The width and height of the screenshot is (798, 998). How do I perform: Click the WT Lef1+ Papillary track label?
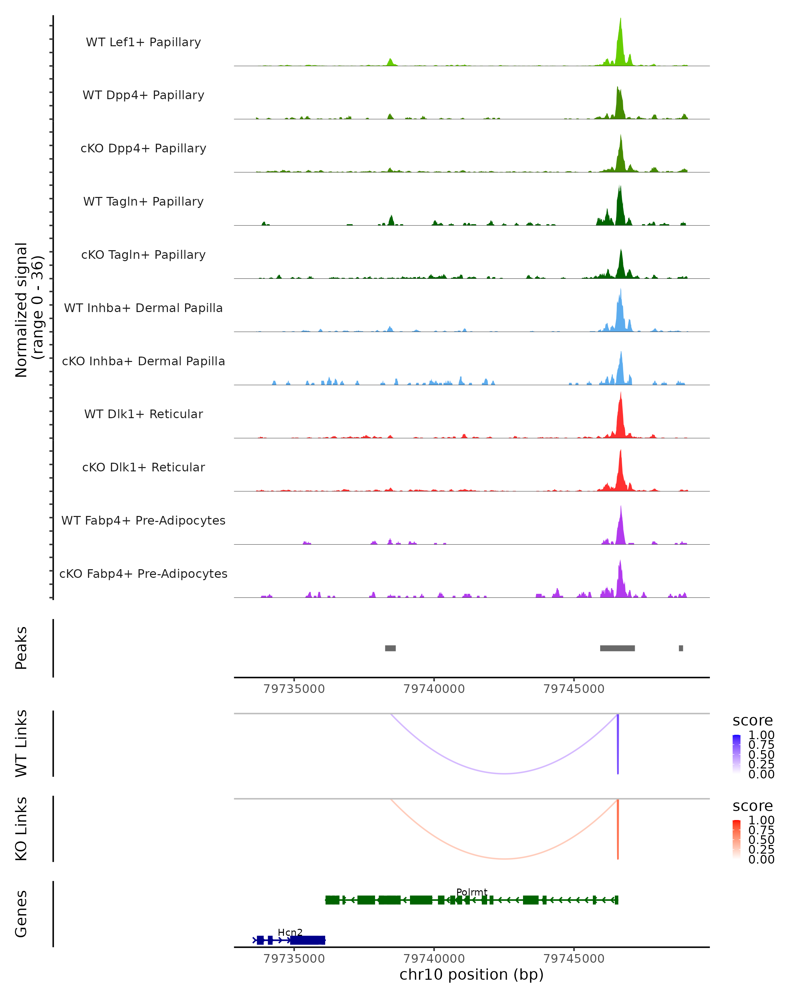[143, 42]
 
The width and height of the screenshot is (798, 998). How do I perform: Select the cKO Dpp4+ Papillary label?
[143, 149]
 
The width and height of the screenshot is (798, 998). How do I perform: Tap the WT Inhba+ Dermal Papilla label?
[143, 308]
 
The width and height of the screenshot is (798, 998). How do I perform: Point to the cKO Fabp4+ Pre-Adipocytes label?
[143, 574]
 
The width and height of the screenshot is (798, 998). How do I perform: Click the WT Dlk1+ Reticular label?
[143, 414]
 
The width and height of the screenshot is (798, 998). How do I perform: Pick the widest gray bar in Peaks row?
[617, 648]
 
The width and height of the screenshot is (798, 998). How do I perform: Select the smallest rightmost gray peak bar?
[681, 648]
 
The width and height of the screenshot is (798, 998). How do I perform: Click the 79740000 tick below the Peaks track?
[434, 689]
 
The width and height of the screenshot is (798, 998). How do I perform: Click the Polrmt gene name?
[471, 893]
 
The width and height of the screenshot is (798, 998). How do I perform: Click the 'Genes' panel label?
[21, 914]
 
